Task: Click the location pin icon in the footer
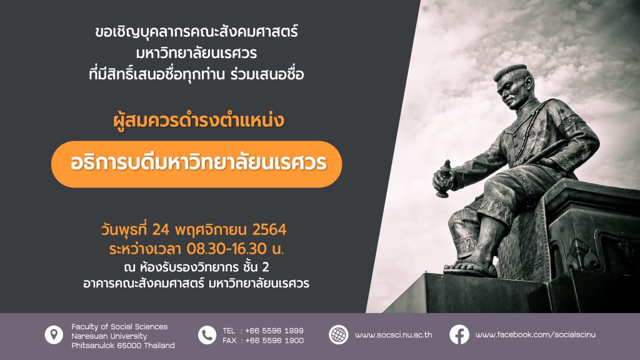(54, 335)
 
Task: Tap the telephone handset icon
(207, 335)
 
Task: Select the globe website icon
(338, 335)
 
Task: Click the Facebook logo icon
(459, 335)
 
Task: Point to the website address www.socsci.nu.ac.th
(394, 335)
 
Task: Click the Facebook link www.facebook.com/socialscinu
(536, 335)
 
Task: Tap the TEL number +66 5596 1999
(274, 331)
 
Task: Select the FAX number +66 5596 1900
(274, 341)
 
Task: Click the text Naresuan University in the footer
(109, 336)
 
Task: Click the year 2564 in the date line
(269, 230)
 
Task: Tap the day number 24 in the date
(161, 230)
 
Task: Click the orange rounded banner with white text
(197, 164)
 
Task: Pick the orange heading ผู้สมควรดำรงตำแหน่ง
(199, 121)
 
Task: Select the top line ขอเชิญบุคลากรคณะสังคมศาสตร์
(196, 32)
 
